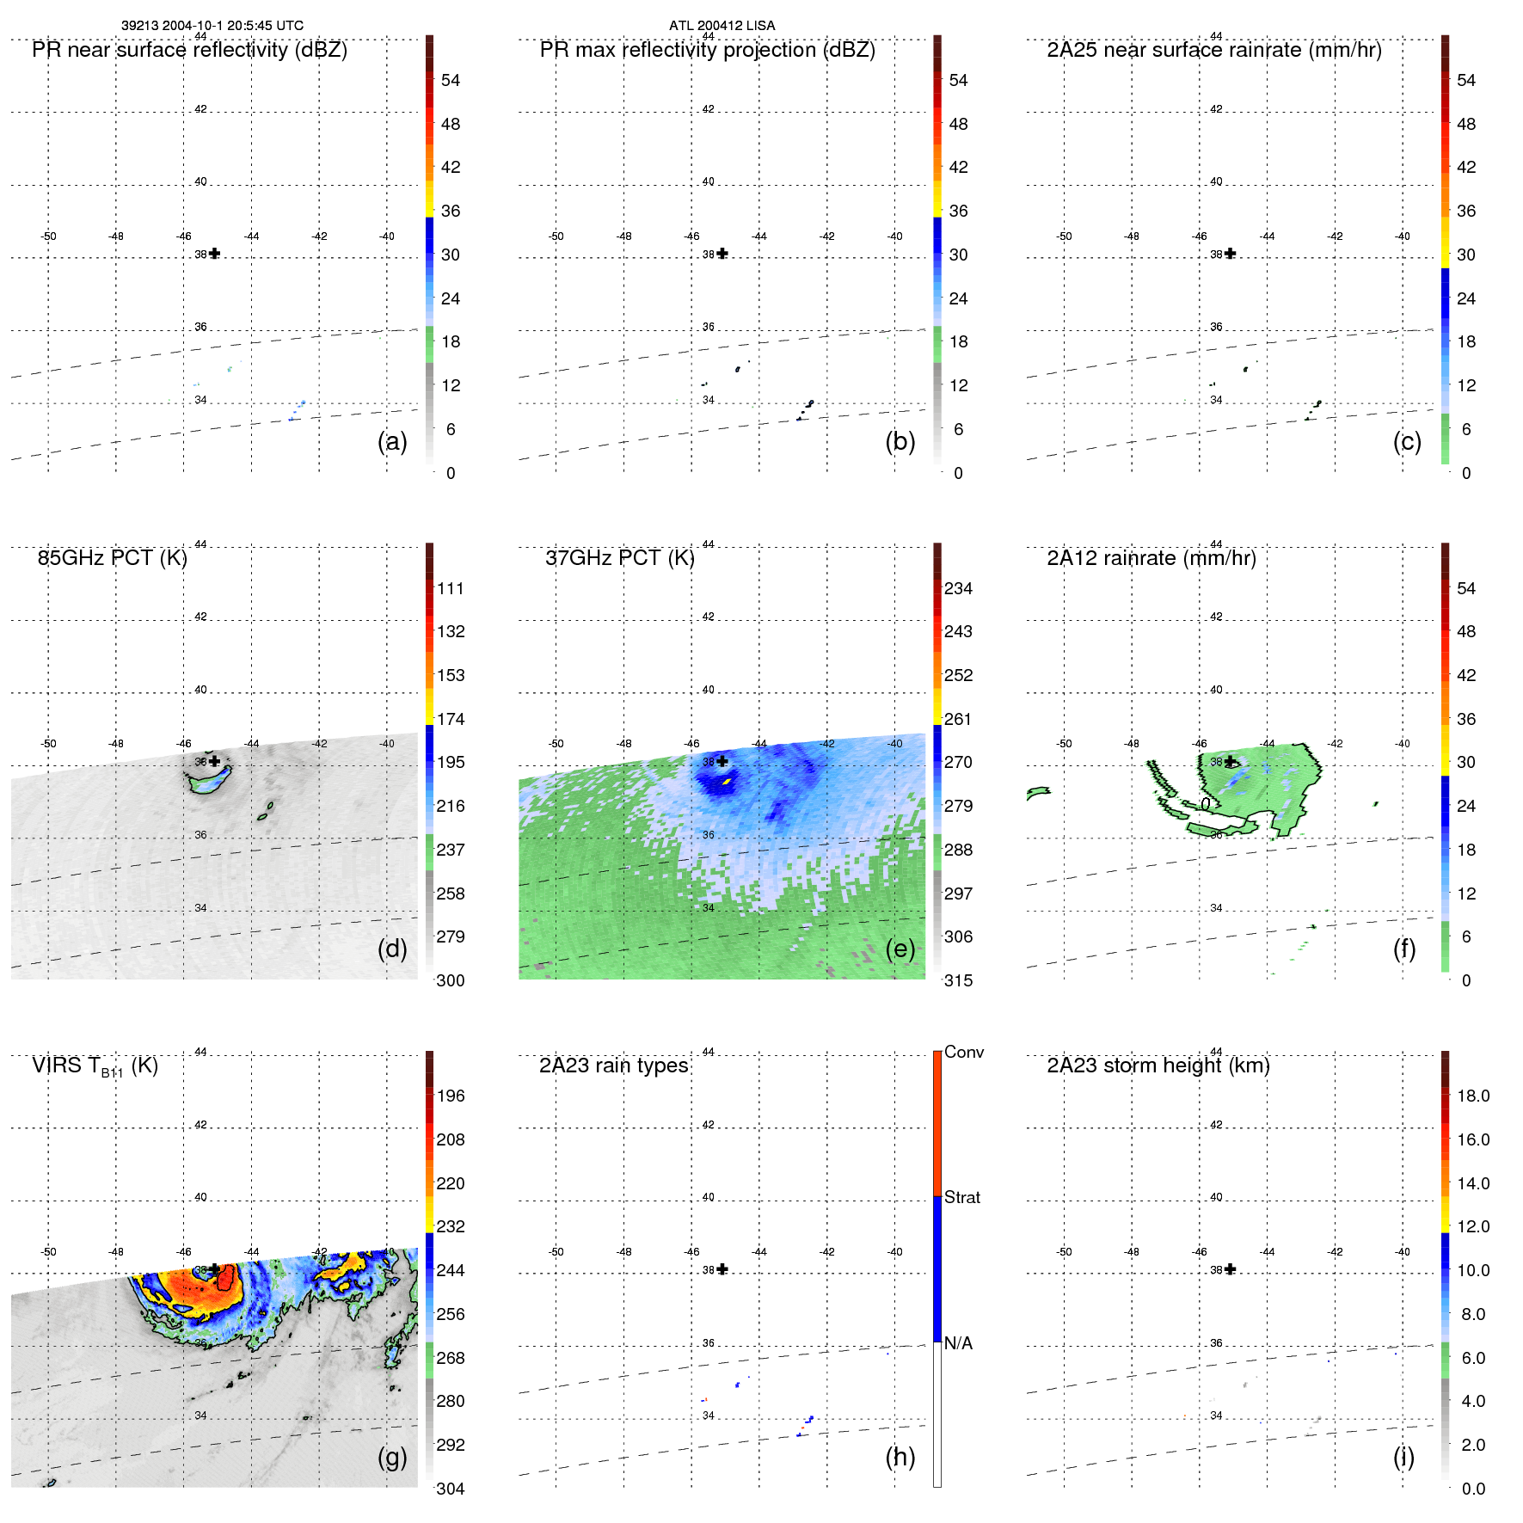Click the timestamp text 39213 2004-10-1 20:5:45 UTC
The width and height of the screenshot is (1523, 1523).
212,25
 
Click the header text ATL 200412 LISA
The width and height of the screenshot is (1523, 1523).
722,25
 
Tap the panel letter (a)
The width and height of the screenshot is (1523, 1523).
392,441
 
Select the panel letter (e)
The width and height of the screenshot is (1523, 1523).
900,949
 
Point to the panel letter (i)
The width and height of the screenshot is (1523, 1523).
1403,1457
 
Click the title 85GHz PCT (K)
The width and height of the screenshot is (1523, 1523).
112,557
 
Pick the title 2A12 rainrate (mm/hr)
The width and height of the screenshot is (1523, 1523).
1151,557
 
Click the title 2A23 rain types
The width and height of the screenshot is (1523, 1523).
613,1065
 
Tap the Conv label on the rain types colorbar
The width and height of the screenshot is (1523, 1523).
963,1052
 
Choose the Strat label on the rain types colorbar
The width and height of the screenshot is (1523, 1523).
961,1197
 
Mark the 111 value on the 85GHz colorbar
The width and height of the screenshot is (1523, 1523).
451,588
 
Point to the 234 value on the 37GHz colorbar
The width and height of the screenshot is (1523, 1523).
958,588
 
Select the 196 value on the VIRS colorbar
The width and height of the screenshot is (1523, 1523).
451,1096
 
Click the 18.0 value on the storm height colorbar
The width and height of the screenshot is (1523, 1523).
1473,1096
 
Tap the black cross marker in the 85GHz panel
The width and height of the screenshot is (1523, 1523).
214,761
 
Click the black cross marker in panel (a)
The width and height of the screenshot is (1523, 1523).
214,254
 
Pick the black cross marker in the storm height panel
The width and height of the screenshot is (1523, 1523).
1230,1269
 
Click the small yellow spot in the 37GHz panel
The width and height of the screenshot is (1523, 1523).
728,781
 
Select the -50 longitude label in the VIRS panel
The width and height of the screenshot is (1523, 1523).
49,1251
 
